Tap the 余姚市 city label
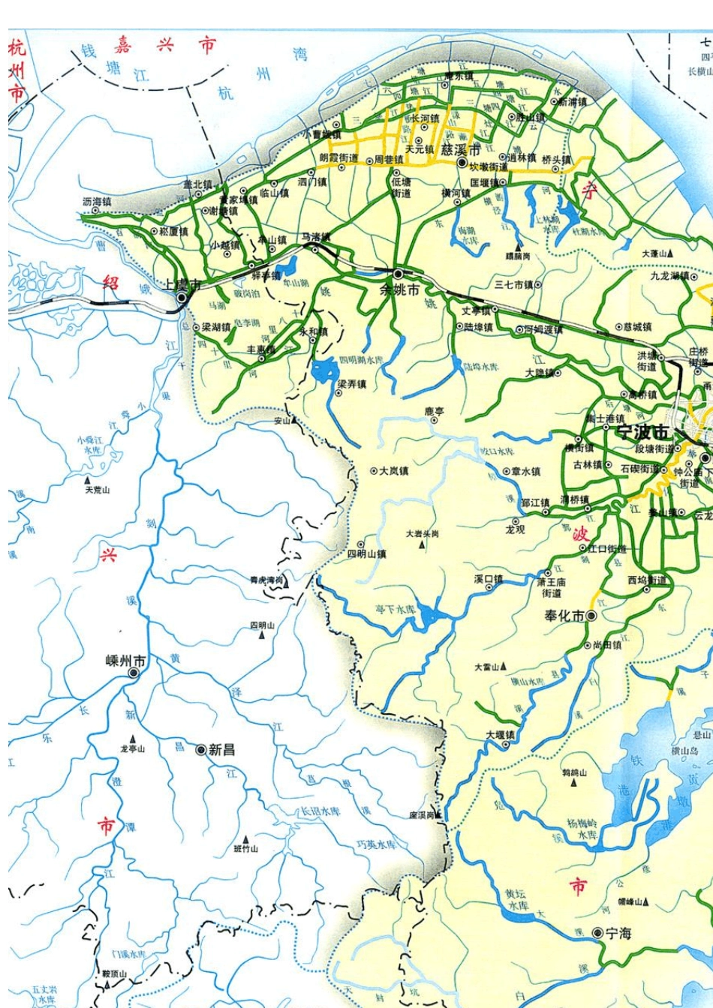[x=400, y=289]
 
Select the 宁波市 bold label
[x=642, y=433]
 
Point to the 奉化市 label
[x=564, y=616]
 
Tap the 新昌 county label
[x=221, y=749]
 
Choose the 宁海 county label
[x=618, y=934]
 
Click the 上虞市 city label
[x=182, y=285]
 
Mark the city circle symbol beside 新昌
[x=200, y=749]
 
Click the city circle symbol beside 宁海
[x=597, y=933]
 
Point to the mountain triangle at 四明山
[x=262, y=635]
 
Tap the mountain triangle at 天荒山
[x=87, y=479]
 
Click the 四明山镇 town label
[x=366, y=554]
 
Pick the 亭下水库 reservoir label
[x=396, y=609]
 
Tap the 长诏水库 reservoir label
[x=320, y=811]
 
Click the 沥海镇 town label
[x=96, y=202]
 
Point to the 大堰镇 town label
[x=500, y=735]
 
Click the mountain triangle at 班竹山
[x=245, y=838]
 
